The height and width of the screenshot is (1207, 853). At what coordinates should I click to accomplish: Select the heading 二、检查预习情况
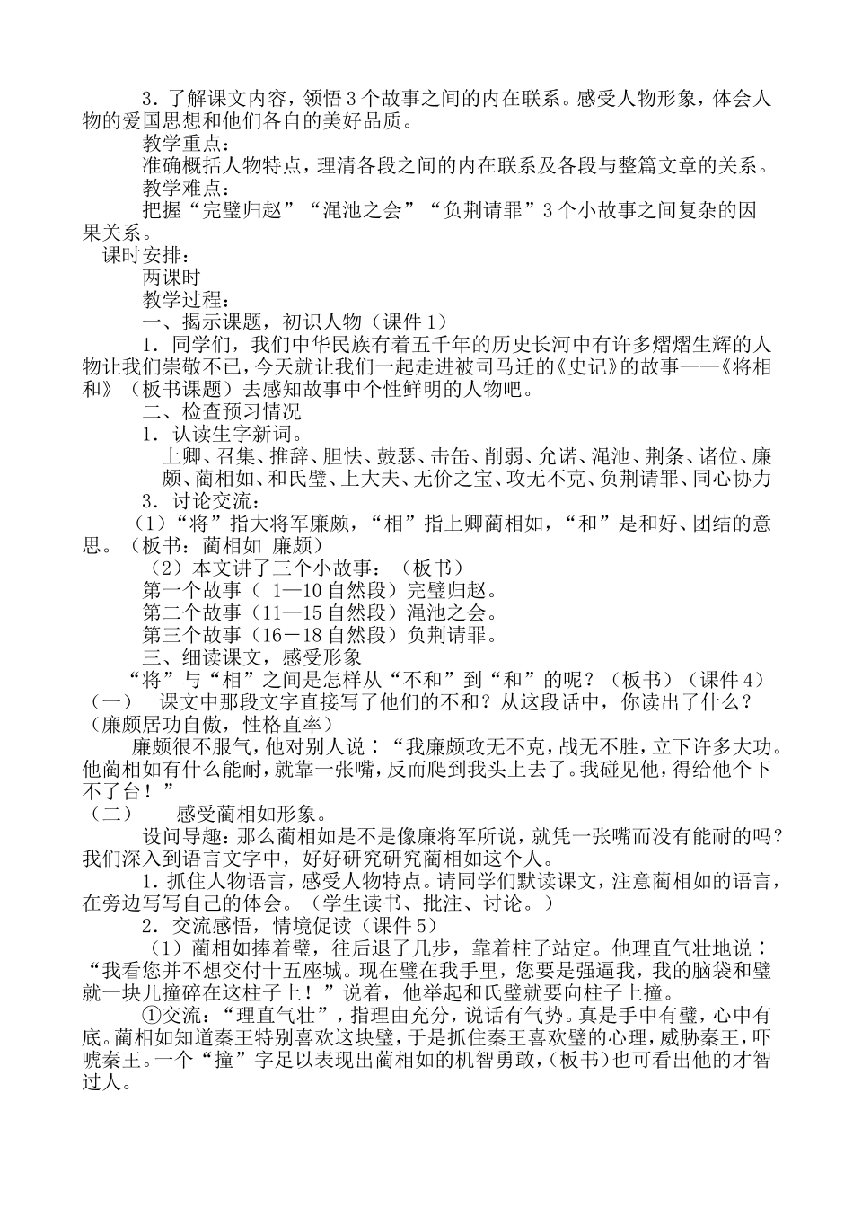pyautogui.click(x=222, y=412)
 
